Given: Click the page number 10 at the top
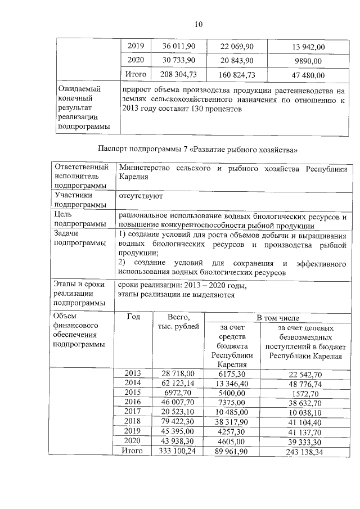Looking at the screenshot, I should pyautogui.click(x=198, y=24).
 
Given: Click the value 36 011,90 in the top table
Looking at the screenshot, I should pyautogui.click(x=178, y=46).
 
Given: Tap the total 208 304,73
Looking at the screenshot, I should pyautogui.click(x=178, y=75).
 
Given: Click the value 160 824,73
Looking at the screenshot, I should pyautogui.click(x=236, y=75).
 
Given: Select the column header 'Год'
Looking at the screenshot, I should pyautogui.click(x=134, y=317).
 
